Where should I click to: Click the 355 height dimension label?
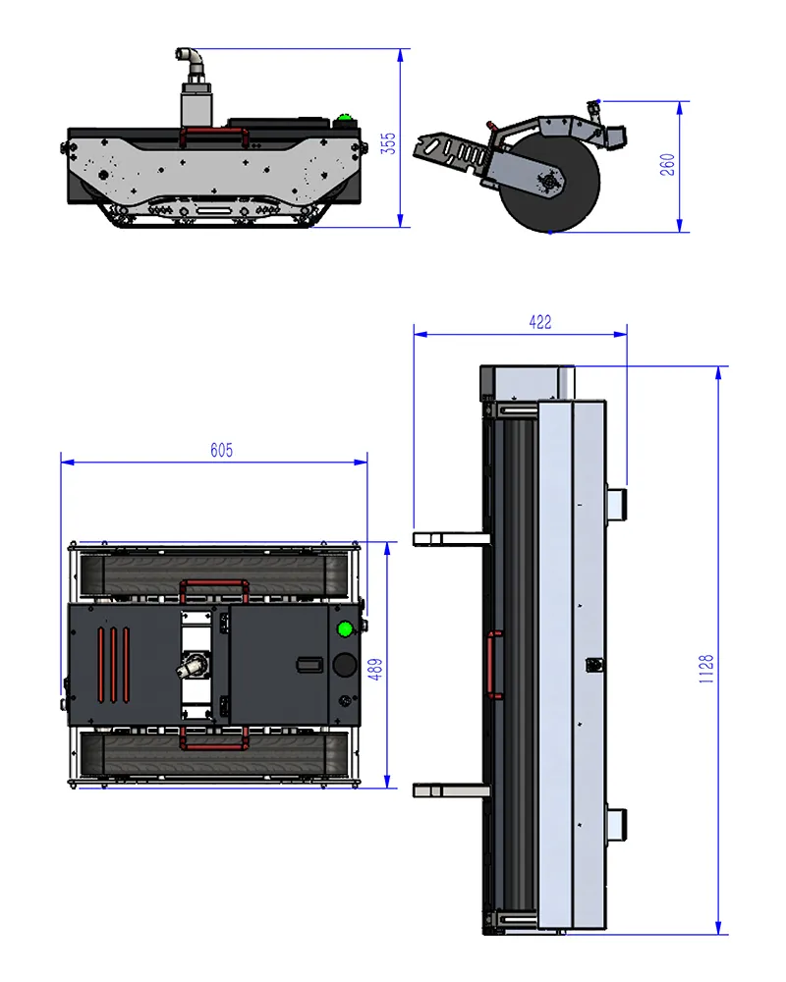point(389,143)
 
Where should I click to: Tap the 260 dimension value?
point(667,164)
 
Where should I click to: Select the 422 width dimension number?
point(540,322)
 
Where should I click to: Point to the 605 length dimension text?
point(221,450)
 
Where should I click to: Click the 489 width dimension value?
point(374,669)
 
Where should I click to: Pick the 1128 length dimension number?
point(706,668)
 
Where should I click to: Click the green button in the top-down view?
point(345,628)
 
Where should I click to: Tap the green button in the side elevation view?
point(343,118)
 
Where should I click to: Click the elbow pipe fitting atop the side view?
point(190,59)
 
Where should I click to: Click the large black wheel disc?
point(549,183)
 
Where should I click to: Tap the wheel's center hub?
point(549,182)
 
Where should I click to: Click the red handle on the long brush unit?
point(494,665)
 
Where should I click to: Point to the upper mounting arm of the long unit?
point(451,538)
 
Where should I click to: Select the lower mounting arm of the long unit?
point(451,791)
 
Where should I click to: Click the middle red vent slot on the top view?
point(113,665)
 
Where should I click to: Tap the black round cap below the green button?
point(344,665)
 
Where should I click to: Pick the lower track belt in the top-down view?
point(214,755)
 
